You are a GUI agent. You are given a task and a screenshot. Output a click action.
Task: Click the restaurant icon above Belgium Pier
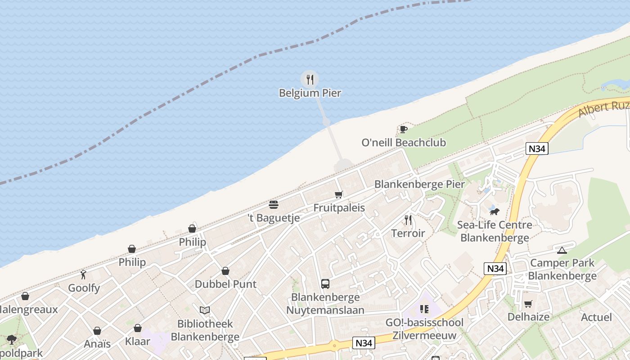pyautogui.click(x=310, y=80)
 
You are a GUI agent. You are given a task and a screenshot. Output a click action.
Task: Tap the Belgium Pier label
pyautogui.click(x=310, y=93)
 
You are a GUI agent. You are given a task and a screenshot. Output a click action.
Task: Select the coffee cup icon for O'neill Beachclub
pyautogui.click(x=404, y=130)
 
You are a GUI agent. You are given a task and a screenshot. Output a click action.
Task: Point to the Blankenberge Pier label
pyautogui.click(x=419, y=184)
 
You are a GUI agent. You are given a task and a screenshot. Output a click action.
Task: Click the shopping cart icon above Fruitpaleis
pyautogui.click(x=338, y=195)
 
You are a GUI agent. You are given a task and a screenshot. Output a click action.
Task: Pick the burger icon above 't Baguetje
pyautogui.click(x=274, y=205)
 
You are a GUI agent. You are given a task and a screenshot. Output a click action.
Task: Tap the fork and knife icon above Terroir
pyautogui.click(x=408, y=220)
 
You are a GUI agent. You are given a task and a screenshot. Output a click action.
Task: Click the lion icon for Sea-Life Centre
pyautogui.click(x=495, y=211)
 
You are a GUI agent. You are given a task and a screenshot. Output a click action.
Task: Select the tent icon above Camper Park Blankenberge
pyautogui.click(x=562, y=250)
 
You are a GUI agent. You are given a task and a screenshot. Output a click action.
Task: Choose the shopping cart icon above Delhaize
pyautogui.click(x=528, y=304)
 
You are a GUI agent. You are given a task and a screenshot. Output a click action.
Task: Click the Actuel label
pyautogui.click(x=596, y=317)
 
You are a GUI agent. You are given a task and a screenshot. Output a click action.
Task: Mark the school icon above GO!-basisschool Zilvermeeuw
pyautogui.click(x=424, y=309)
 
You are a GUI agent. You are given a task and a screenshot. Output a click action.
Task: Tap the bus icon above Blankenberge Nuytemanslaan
pyautogui.click(x=325, y=284)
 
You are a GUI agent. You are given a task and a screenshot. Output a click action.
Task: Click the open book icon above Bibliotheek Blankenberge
pyautogui.click(x=205, y=310)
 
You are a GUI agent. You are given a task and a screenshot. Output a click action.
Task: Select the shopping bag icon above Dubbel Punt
pyautogui.click(x=225, y=271)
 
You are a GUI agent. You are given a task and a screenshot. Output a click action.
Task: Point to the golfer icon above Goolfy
pyautogui.click(x=83, y=274)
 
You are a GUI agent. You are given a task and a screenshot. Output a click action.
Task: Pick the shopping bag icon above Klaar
pyautogui.click(x=138, y=328)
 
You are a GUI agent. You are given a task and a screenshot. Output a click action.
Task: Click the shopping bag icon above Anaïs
pyautogui.click(x=97, y=331)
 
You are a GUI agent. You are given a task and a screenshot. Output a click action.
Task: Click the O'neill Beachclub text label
pyautogui.click(x=404, y=143)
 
